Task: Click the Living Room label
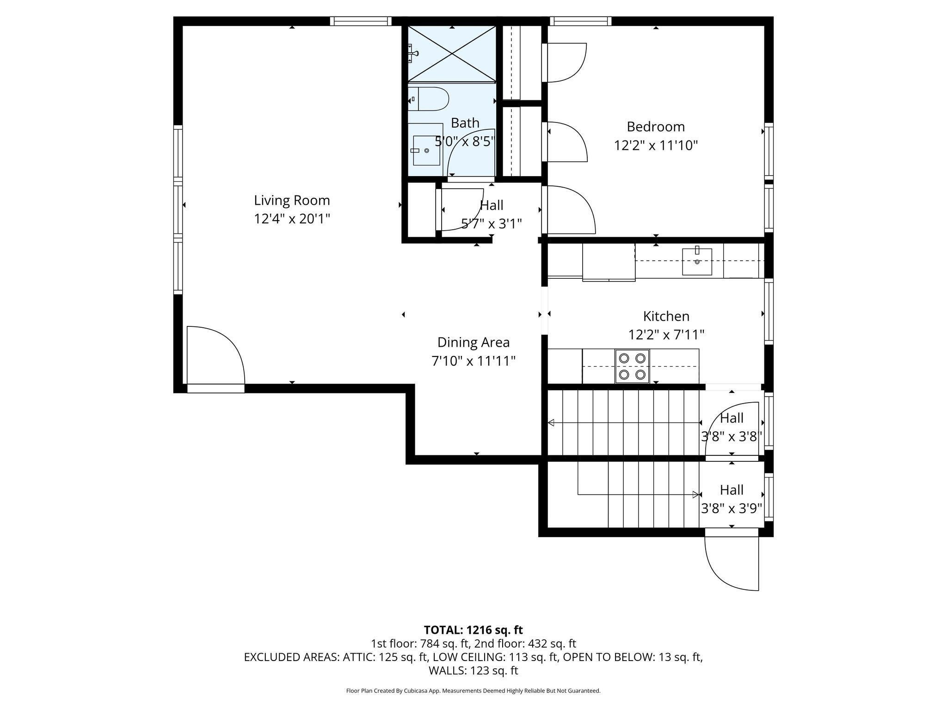292,200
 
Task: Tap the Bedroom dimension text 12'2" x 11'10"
655,146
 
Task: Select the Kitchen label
666,316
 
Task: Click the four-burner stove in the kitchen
632,366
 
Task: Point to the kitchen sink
697,262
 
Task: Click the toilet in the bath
429,99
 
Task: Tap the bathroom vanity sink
425,150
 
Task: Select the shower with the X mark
452,54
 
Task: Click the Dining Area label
473,343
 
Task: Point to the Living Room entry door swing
215,355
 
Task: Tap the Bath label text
465,123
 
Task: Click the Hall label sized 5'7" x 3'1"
492,205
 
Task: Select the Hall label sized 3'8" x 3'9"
732,490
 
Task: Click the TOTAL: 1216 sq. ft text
473,630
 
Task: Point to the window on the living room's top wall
361,21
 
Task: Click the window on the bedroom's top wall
580,21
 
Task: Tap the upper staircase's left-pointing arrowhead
551,422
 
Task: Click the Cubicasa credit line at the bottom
473,691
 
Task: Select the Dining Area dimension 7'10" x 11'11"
473,361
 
